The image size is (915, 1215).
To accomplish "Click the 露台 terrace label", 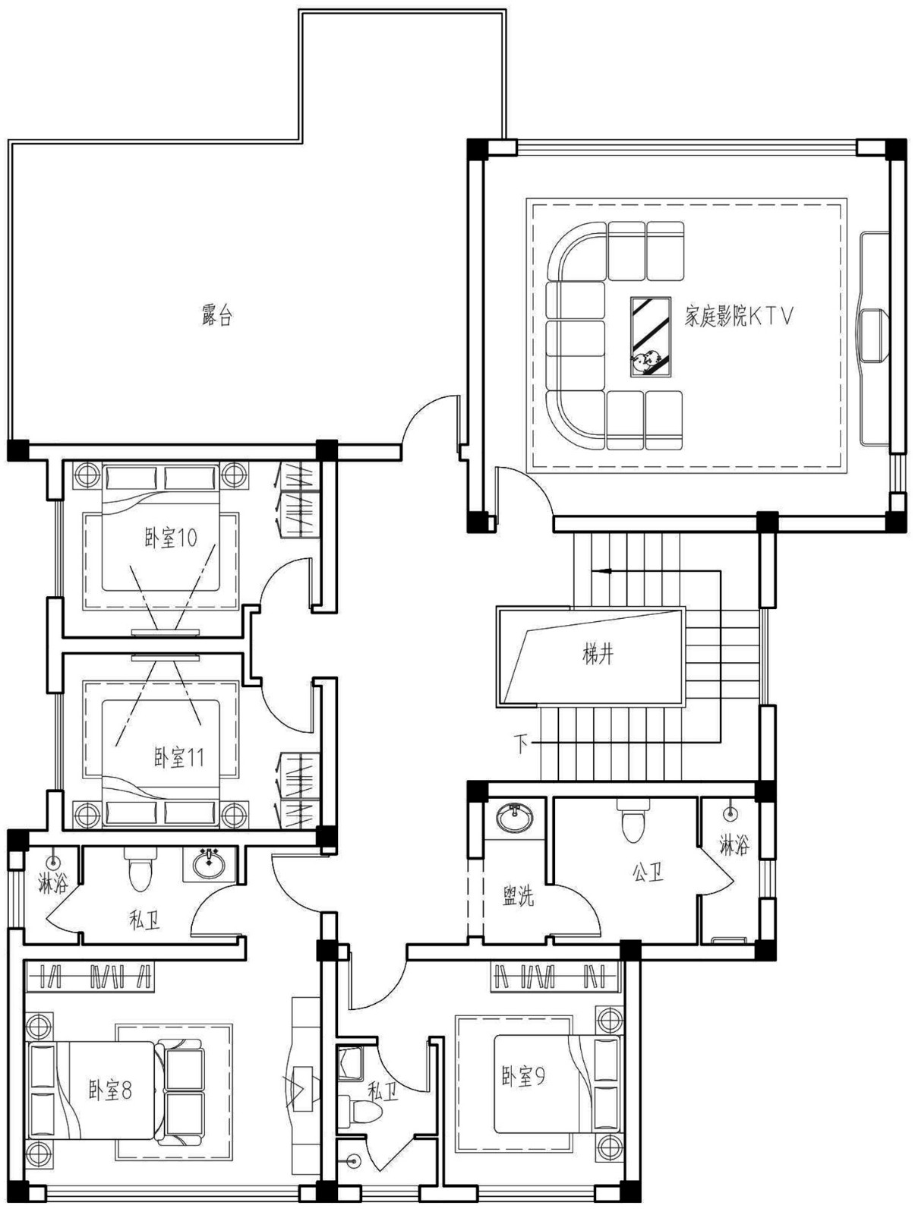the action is point(216,314).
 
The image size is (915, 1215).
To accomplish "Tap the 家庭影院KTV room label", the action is point(739,316).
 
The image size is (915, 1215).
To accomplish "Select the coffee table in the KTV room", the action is point(651,337).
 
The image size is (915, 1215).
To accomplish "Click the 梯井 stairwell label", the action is point(598,655).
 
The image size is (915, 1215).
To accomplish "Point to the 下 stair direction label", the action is point(520,744).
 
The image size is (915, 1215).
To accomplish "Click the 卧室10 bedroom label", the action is point(171,538).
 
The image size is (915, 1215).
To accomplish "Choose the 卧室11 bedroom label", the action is point(178,757).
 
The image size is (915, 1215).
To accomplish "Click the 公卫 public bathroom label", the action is point(648,873).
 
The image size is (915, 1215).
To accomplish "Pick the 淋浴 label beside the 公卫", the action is point(734,845).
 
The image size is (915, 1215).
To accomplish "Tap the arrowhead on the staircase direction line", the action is point(604,570).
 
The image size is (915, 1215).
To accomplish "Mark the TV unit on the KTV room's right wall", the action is point(874,339).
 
